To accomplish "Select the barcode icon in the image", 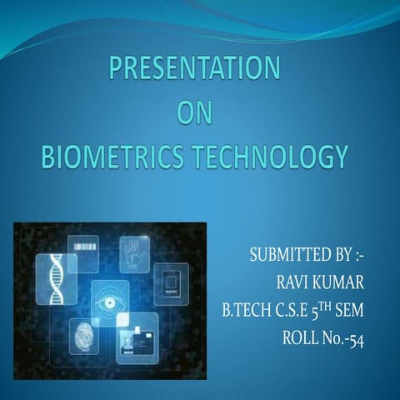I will pyautogui.click(x=83, y=247).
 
